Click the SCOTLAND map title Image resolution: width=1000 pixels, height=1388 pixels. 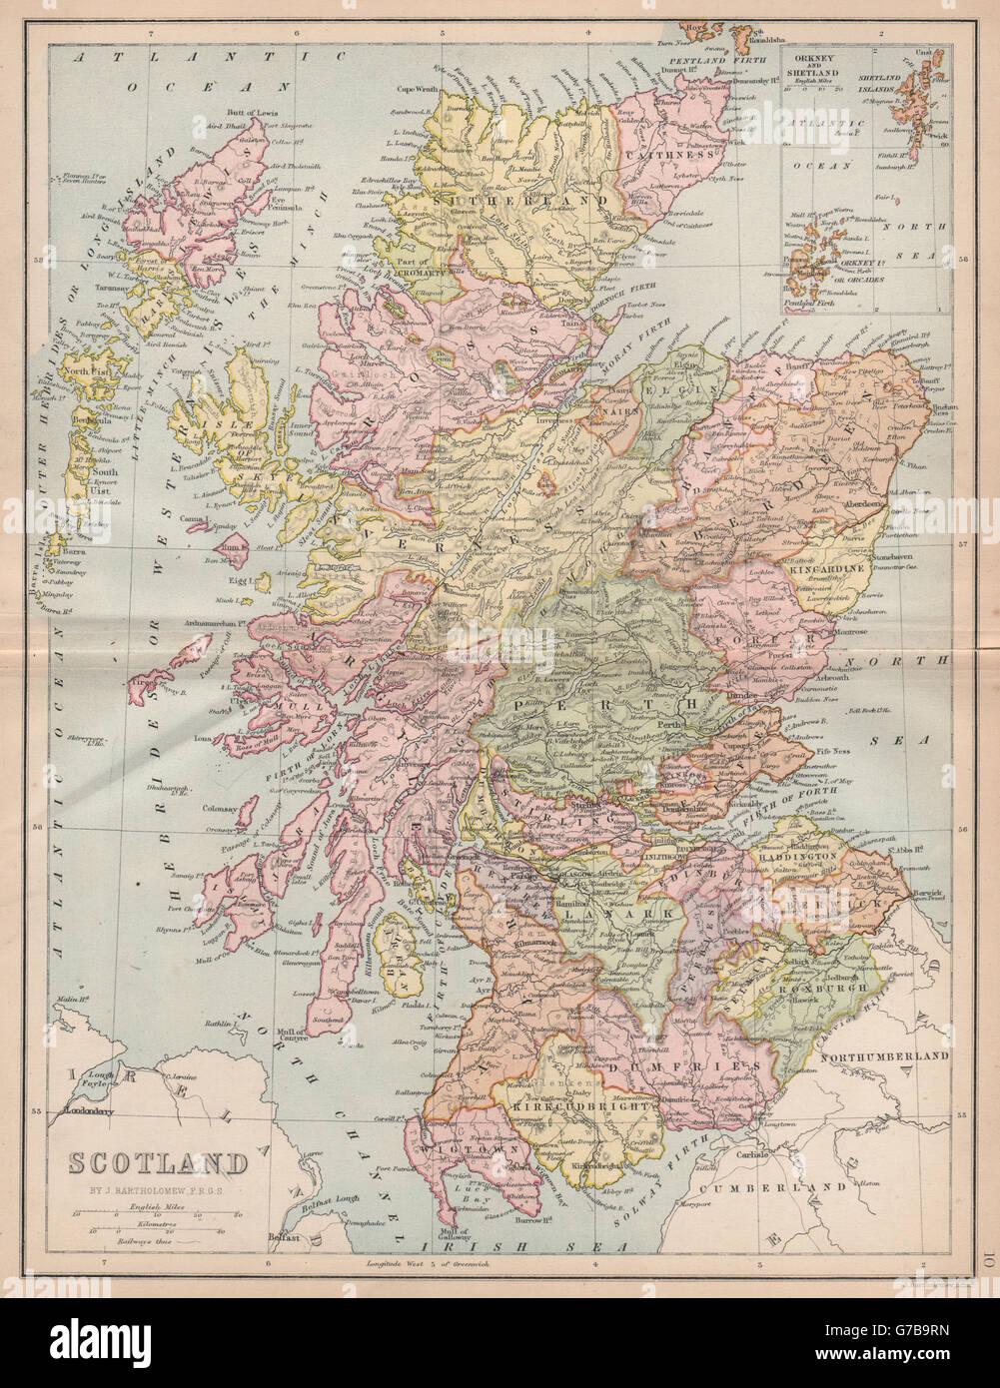(157, 1163)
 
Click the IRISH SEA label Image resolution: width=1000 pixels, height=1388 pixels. (522, 1247)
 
